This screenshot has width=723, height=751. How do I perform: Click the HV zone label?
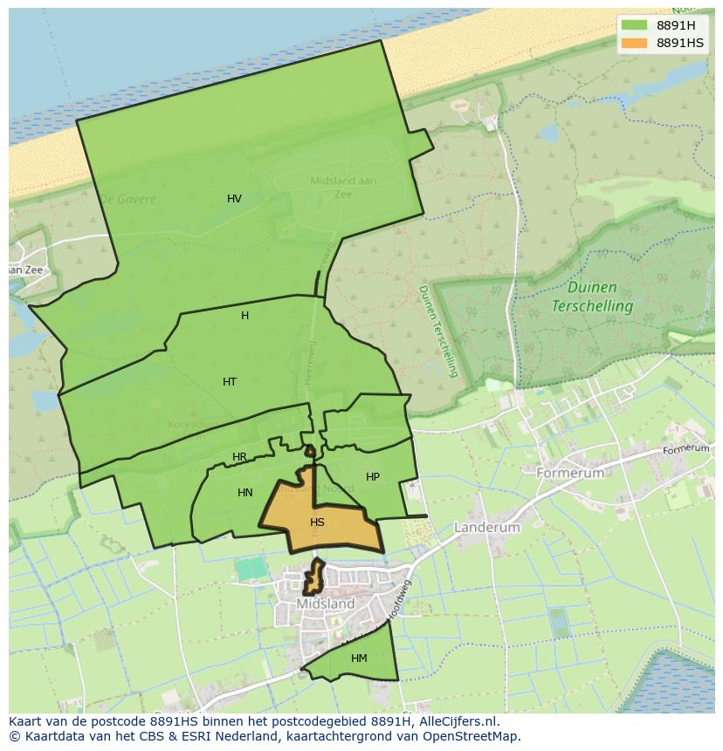coord(234,199)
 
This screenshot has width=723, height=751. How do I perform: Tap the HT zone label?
coord(230,382)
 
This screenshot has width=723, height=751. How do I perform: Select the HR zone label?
coord(239,457)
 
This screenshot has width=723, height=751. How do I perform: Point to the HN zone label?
coord(245,493)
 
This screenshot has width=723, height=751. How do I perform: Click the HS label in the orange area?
coord(317,522)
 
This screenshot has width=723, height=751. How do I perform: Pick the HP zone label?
coord(373,477)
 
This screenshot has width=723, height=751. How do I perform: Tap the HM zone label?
coord(359,659)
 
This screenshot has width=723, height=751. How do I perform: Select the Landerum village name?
coord(486,528)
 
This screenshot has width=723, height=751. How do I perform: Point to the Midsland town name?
coord(325,604)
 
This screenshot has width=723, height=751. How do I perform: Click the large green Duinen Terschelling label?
coord(592,297)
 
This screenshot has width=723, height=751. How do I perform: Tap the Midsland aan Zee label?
coord(343,188)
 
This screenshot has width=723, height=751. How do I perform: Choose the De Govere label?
coord(127,199)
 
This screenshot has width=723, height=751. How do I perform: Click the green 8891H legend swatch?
coord(634,24)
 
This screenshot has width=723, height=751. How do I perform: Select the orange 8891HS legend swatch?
coord(634,43)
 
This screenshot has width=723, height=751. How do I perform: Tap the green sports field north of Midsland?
coord(251,569)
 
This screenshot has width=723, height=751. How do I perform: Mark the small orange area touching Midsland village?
coord(313,577)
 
